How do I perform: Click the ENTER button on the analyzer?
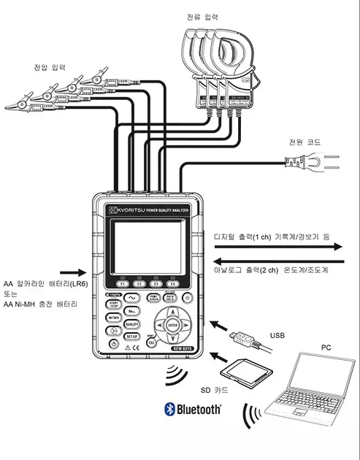[x=172, y=323]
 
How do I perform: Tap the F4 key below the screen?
[x=173, y=283]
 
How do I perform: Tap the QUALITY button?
[x=133, y=323]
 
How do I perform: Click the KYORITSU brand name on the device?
[x=124, y=210]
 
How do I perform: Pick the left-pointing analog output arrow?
[x=278, y=260]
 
